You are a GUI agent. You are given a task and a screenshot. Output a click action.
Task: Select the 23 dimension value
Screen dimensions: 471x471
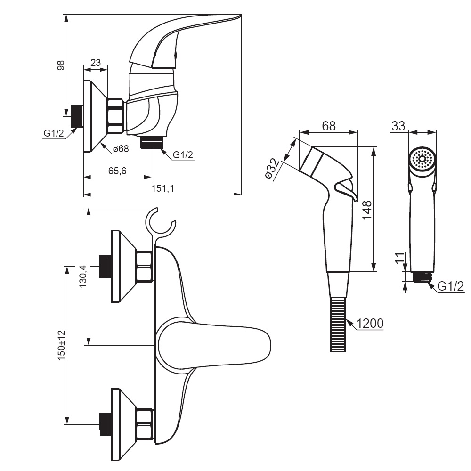[96, 63]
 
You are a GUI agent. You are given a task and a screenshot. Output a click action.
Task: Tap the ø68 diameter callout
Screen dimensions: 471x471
[121, 149]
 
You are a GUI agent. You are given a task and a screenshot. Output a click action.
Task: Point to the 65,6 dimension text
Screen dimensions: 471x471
[117, 171]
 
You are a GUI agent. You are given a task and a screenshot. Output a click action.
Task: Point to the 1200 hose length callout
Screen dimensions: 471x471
[370, 324]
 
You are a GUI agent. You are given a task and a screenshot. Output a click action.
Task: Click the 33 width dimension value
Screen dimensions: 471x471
[398, 126]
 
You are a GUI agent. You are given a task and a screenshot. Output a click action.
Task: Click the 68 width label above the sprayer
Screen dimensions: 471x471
[329, 126]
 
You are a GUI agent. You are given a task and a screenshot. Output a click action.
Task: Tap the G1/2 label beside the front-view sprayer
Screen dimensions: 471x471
[451, 286]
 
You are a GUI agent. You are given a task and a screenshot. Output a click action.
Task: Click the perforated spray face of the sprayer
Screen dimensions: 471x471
[422, 159]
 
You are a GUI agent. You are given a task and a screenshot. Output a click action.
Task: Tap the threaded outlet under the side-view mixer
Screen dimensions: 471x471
[152, 142]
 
